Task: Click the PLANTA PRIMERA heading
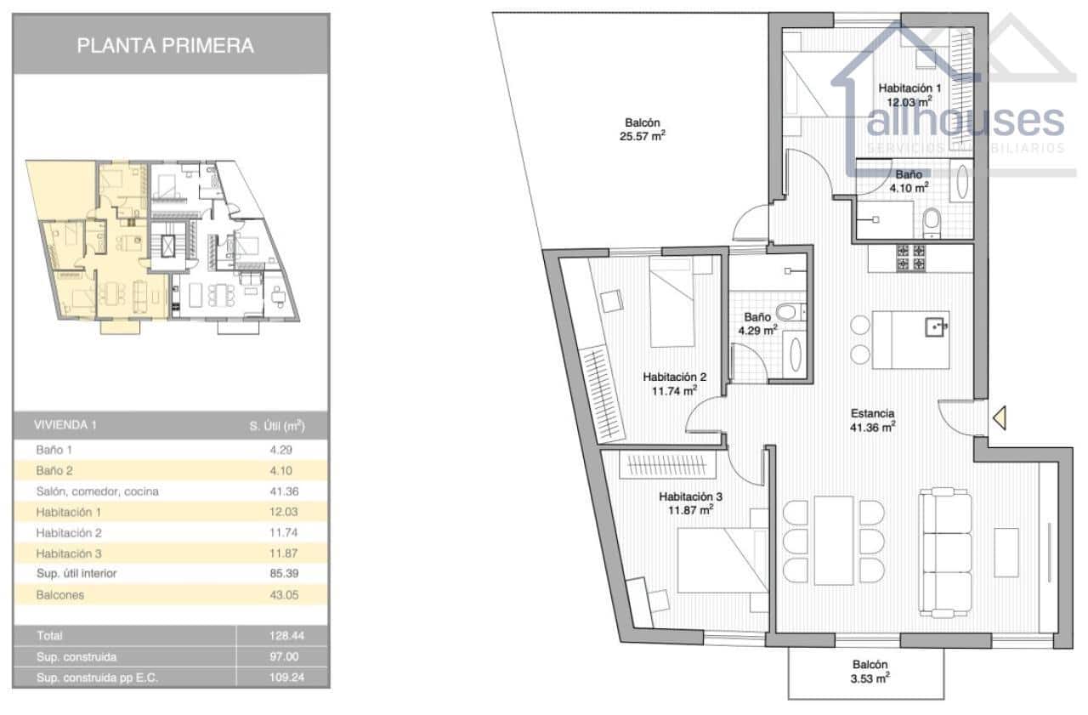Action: tap(166, 46)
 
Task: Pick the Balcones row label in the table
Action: tap(60, 595)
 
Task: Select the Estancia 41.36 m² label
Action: tap(873, 421)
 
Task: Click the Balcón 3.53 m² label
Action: tap(870, 672)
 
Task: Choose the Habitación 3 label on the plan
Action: tap(689, 502)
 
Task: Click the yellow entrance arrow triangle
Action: tap(1000, 417)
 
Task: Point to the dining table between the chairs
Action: tap(833, 540)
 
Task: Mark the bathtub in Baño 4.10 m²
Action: tap(963, 181)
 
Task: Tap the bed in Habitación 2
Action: tap(672, 302)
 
